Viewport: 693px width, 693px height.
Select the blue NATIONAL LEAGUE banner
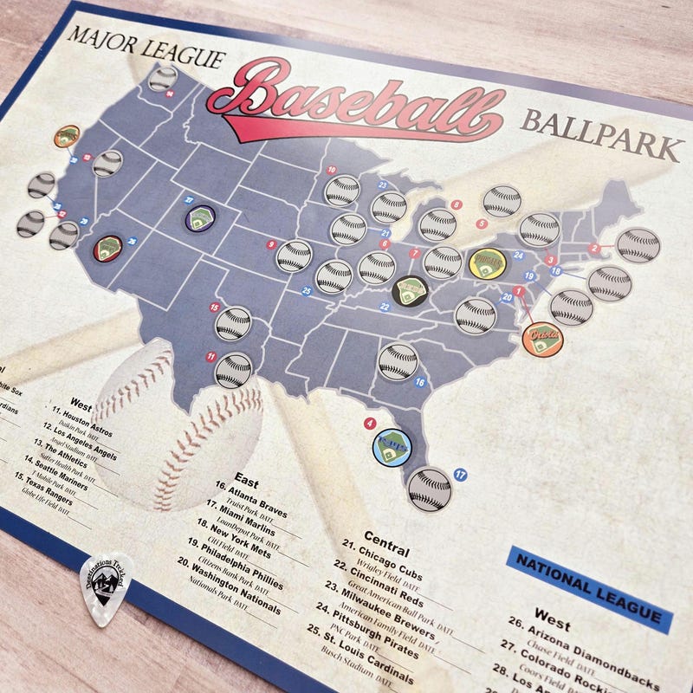(590, 586)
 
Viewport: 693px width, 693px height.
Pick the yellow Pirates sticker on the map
(487, 264)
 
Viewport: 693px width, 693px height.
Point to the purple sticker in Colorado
(200, 216)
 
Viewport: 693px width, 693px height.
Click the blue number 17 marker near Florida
(460, 475)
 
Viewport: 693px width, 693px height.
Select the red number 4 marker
(370, 423)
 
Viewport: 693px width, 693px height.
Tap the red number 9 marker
(271, 245)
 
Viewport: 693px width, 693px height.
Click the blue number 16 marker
(420, 382)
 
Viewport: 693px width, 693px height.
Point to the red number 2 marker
(593, 249)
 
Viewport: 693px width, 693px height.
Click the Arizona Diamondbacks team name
(589, 649)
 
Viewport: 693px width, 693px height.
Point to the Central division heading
(386, 543)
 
